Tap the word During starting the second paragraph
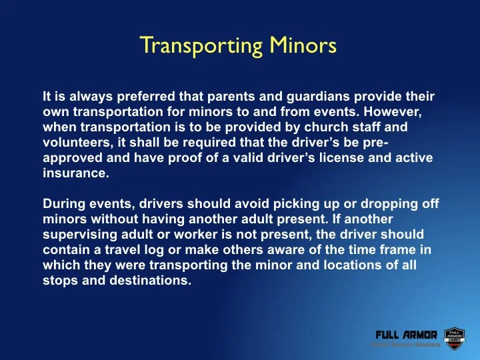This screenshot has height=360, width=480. tap(62, 203)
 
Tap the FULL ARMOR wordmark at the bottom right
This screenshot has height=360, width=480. tap(406, 334)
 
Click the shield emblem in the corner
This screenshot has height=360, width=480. tap(453, 338)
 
